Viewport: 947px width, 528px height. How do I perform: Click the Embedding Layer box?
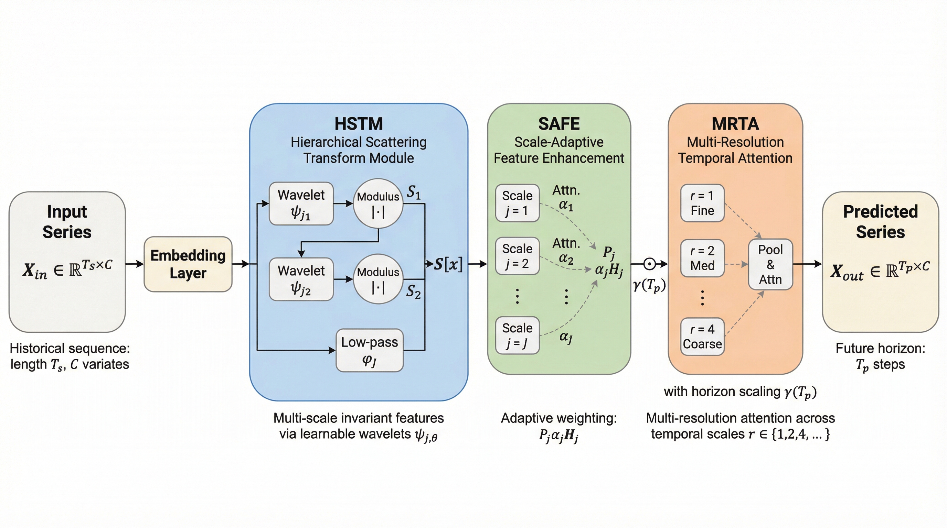coord(188,264)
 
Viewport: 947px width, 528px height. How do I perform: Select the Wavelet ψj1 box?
coord(301,203)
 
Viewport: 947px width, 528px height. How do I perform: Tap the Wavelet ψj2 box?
coord(301,279)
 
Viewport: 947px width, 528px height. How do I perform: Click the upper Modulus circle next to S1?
coord(378,203)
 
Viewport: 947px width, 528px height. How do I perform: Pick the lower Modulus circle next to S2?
coord(378,279)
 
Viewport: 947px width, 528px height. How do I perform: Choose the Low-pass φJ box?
coord(370,350)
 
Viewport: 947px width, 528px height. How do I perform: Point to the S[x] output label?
coord(448,264)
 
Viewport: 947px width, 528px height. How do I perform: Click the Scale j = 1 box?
coord(517,203)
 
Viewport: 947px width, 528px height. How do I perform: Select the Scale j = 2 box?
coord(517,256)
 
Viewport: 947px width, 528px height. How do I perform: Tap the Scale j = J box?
coord(517,335)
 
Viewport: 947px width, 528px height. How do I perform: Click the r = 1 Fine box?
coord(702,203)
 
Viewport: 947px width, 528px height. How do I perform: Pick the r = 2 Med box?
coord(702,258)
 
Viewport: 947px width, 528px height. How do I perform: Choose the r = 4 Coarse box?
coord(702,336)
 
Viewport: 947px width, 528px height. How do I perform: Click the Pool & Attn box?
coord(770,264)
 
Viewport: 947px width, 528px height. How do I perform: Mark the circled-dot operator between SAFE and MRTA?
coord(650,264)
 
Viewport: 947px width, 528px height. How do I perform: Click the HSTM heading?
coord(359,124)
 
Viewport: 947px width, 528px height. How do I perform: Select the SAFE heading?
coord(559,124)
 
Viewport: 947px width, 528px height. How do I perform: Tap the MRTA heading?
coord(735,124)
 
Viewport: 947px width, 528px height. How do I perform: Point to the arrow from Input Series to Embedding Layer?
coord(134,264)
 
